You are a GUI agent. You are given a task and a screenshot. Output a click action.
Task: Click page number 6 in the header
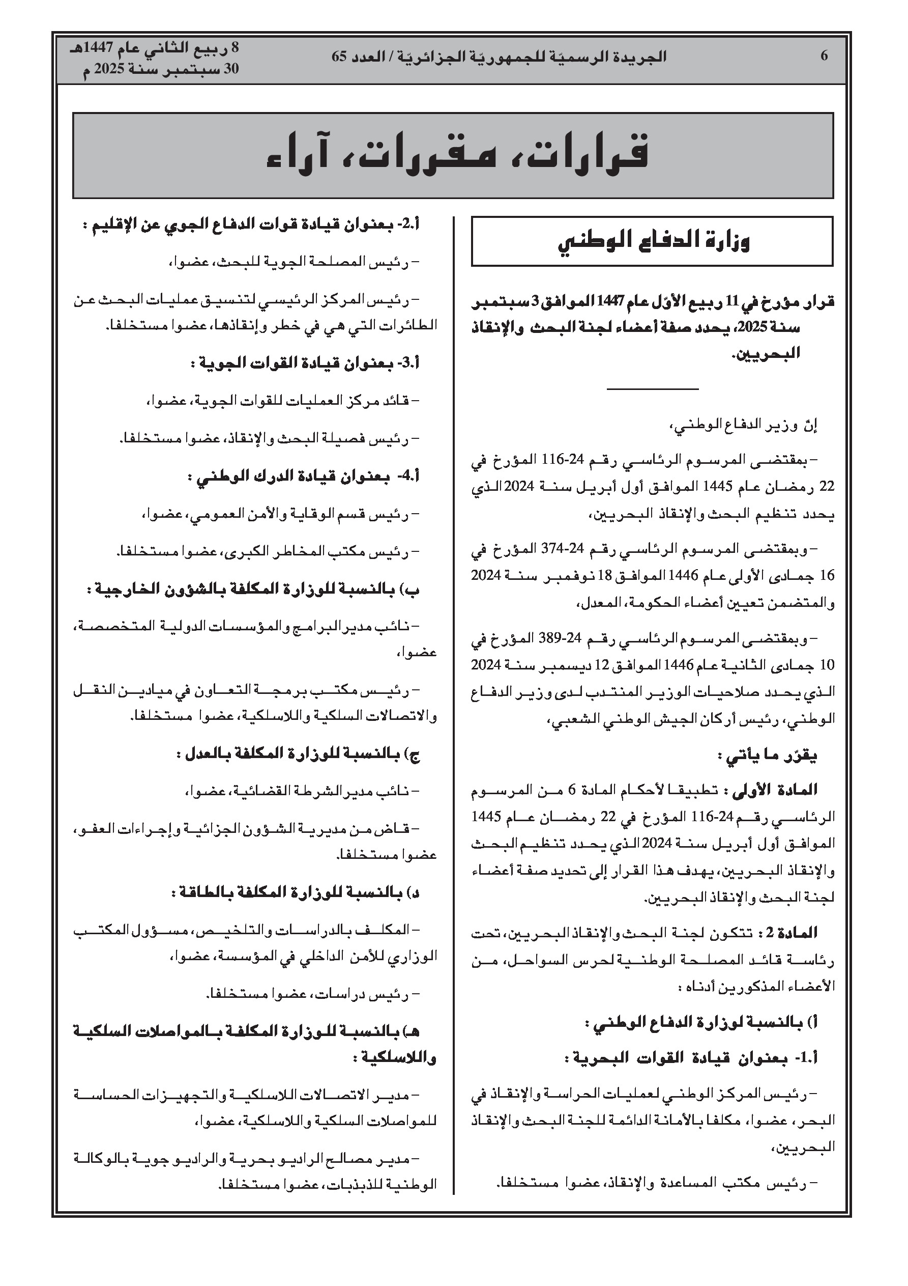824,56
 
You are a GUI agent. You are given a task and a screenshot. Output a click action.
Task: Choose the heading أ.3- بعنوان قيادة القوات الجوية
305,364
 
